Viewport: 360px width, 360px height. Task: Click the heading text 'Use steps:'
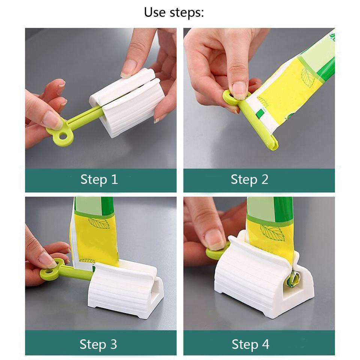[174, 12]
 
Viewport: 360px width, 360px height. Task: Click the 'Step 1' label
[99, 179]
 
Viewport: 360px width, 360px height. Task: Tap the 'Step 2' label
[249, 179]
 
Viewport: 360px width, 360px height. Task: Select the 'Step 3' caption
[98, 343]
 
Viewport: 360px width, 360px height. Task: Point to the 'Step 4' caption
[250, 343]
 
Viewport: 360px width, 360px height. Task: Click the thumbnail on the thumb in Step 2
[239, 89]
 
